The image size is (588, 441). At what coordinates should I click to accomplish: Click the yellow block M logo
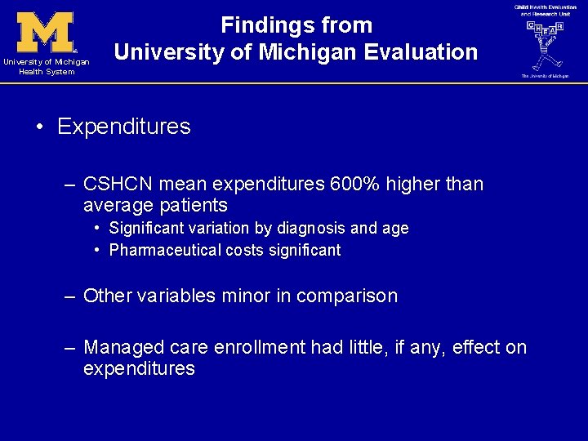[46, 33]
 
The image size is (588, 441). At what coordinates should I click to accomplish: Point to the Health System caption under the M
[46, 71]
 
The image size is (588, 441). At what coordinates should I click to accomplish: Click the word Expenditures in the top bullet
[124, 127]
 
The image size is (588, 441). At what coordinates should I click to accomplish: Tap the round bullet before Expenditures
[39, 127]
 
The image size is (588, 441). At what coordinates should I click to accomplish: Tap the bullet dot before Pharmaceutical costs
[97, 250]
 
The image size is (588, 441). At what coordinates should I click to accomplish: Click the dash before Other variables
[71, 296]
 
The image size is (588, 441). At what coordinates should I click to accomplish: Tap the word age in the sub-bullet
[395, 229]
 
